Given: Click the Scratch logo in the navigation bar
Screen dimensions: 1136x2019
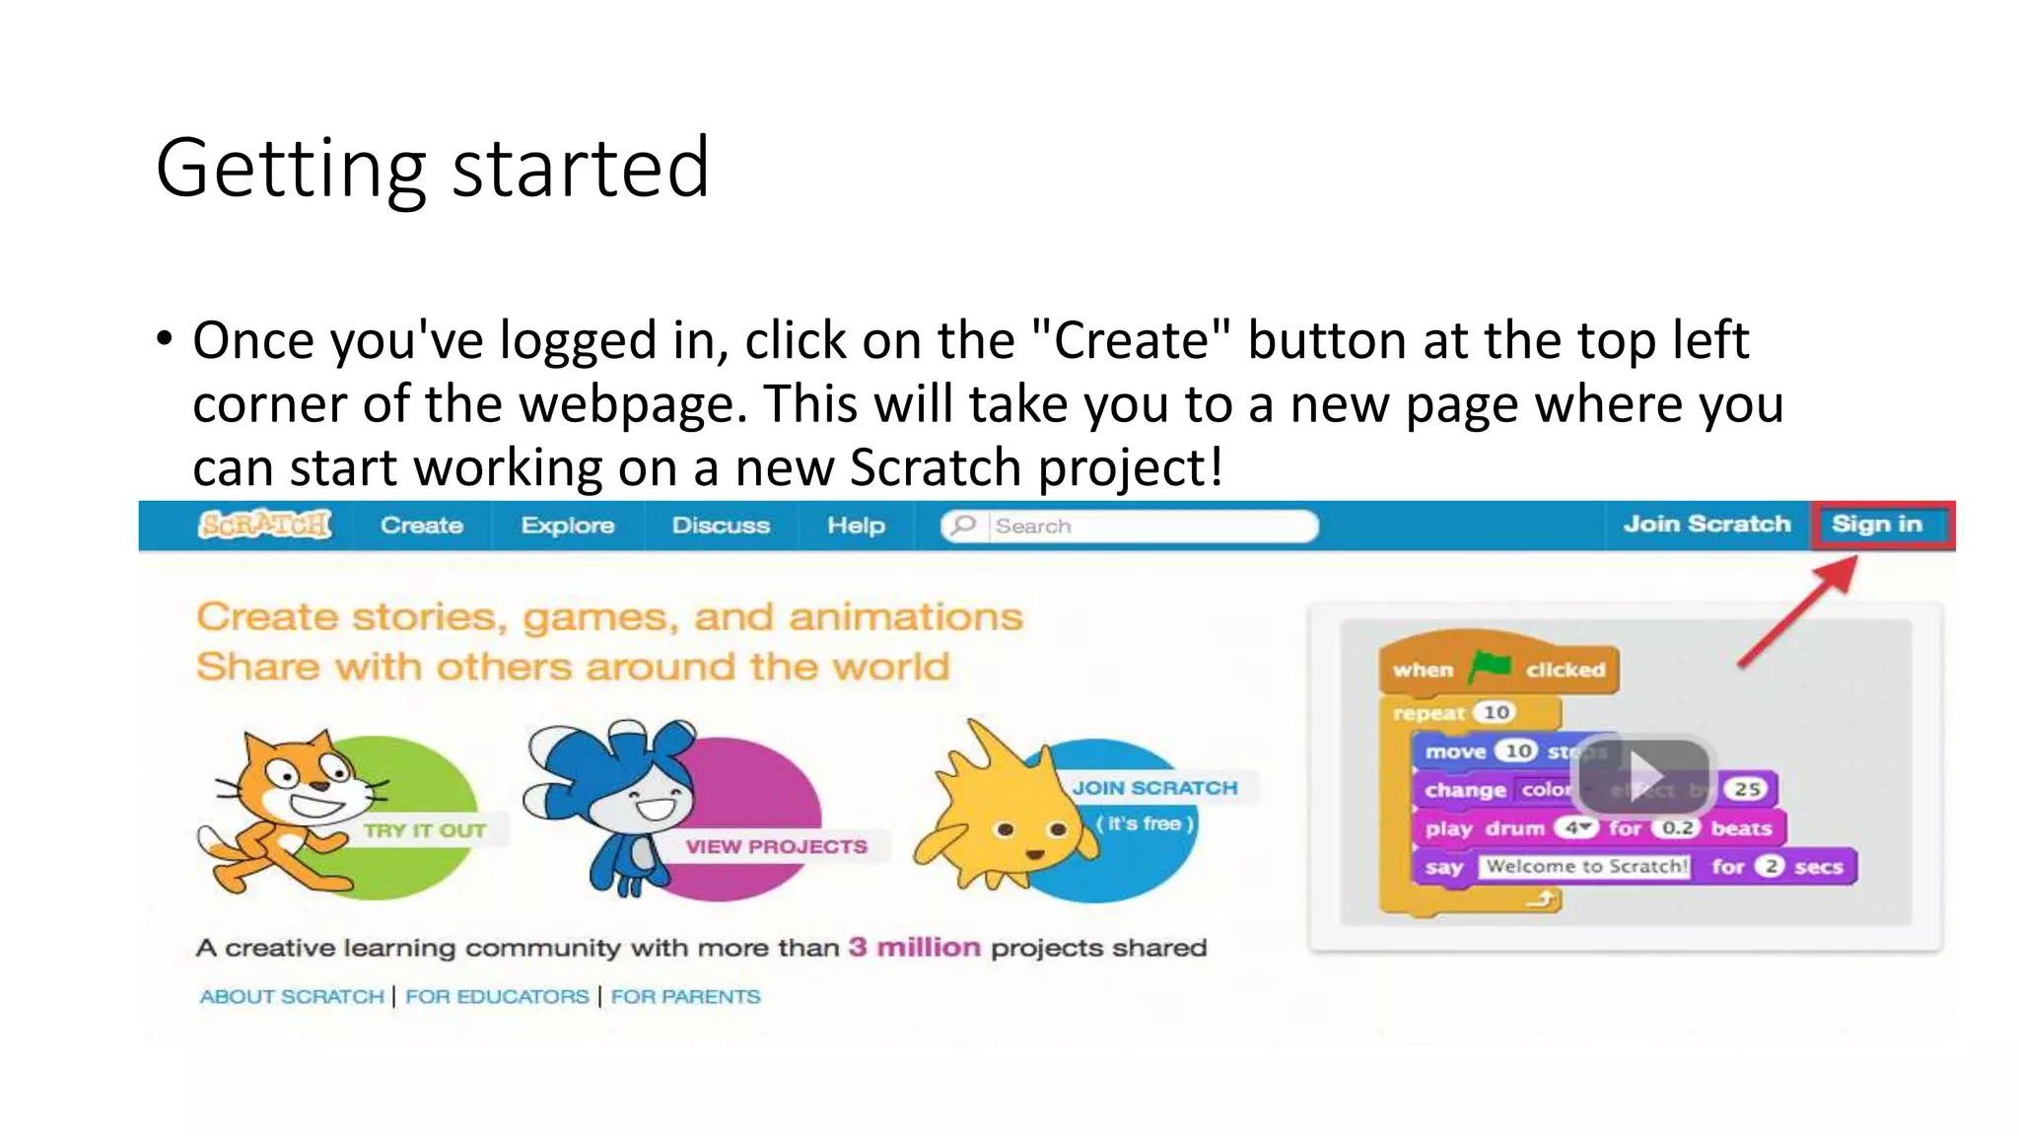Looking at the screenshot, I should point(264,525).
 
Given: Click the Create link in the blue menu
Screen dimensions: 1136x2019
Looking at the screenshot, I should point(422,526).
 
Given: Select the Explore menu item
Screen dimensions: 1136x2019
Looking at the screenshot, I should point(568,526).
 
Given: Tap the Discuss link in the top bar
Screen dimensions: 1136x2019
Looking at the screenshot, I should point(721,526).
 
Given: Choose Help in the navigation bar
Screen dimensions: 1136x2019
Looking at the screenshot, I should point(856,526).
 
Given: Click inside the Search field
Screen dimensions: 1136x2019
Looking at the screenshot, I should point(1144,527).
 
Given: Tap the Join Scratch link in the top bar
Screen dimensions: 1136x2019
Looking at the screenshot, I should point(1706,525).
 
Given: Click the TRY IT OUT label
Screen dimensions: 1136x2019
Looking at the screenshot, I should point(424,830).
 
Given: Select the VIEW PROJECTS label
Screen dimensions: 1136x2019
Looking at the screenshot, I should point(777,846).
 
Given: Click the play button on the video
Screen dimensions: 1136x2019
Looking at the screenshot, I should point(1644,774).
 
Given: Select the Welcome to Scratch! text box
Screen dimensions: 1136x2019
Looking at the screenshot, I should point(1585,867).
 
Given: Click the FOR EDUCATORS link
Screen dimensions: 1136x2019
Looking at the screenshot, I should point(497,997).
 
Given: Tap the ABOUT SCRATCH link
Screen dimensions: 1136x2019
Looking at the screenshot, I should point(292,997).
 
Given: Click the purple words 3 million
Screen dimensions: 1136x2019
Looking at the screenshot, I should point(915,948).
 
